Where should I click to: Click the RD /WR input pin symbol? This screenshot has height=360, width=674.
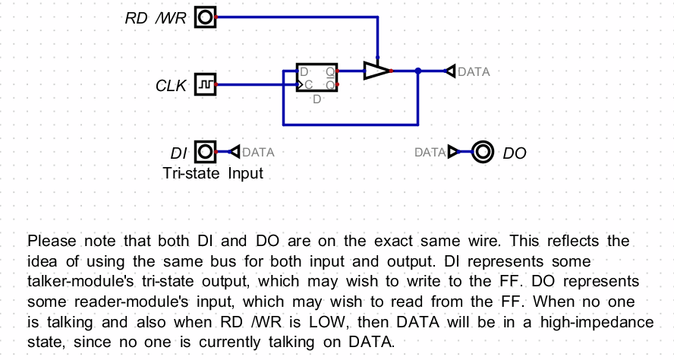tap(205, 17)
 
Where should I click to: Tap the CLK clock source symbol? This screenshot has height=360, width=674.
tap(205, 85)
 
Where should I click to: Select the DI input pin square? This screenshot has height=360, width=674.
tap(205, 152)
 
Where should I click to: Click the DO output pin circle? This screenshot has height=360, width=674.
tap(482, 152)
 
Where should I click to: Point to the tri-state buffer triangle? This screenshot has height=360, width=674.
tap(376, 71)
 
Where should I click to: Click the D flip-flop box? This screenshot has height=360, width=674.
tap(317, 78)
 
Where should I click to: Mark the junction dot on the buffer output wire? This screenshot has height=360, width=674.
tap(418, 71)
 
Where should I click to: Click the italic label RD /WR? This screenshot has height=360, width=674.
tap(156, 18)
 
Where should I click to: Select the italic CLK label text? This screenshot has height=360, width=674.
tap(171, 87)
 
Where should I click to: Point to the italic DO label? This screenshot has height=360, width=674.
tap(515, 153)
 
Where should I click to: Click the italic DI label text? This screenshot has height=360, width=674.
tap(178, 153)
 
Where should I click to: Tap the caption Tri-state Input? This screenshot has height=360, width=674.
tap(213, 173)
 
